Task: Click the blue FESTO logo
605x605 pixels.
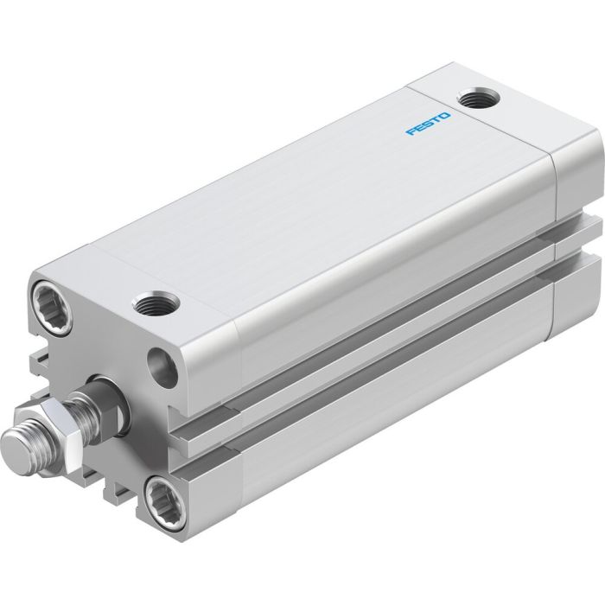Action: pyautogui.click(x=428, y=121)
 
